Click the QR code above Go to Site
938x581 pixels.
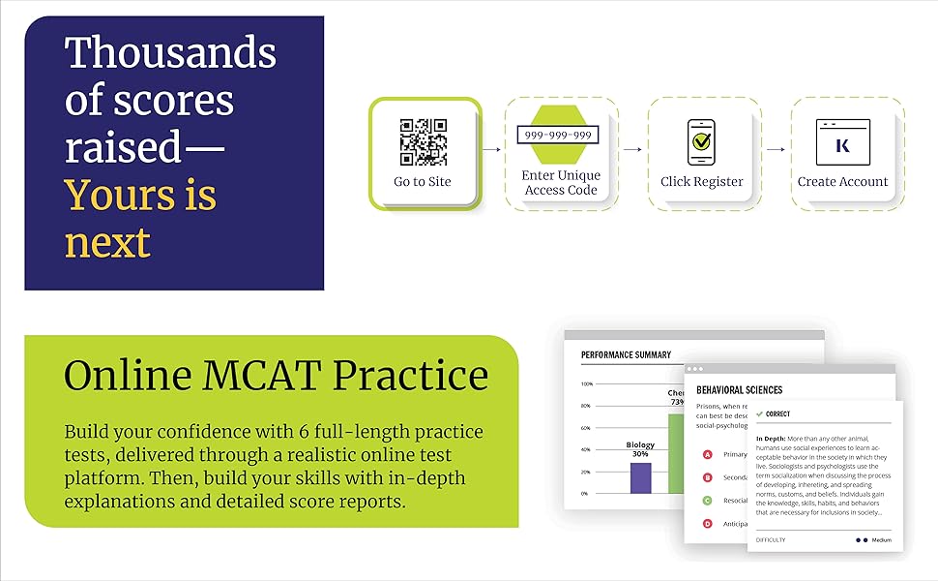[x=423, y=142]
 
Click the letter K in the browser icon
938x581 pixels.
[x=842, y=145]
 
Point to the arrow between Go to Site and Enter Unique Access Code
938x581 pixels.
[x=492, y=150]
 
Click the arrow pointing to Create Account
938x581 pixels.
[x=776, y=150]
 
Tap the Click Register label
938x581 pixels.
[x=701, y=182]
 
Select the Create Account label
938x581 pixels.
[x=842, y=182]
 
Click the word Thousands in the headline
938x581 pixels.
[x=170, y=53]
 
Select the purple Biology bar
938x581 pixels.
[x=640, y=477]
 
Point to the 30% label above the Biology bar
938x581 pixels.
[x=640, y=454]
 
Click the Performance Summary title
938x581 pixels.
[x=626, y=355]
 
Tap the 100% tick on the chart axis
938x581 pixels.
[x=586, y=383]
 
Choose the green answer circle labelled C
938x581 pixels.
[x=707, y=501]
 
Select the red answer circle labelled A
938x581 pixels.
[x=707, y=454]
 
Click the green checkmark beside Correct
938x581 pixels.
[x=760, y=413]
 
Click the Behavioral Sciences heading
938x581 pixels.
[x=739, y=390]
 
